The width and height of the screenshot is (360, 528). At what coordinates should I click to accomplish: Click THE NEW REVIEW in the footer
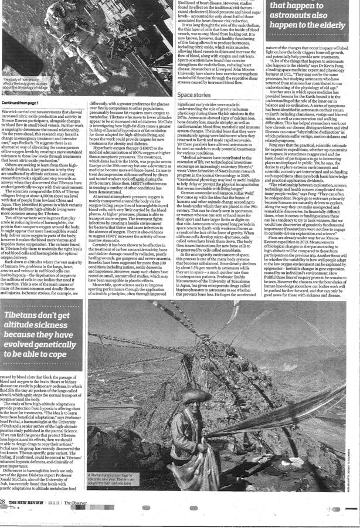[x=29, y=518]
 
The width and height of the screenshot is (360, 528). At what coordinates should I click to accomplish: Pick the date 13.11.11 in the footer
[x=55, y=518]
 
